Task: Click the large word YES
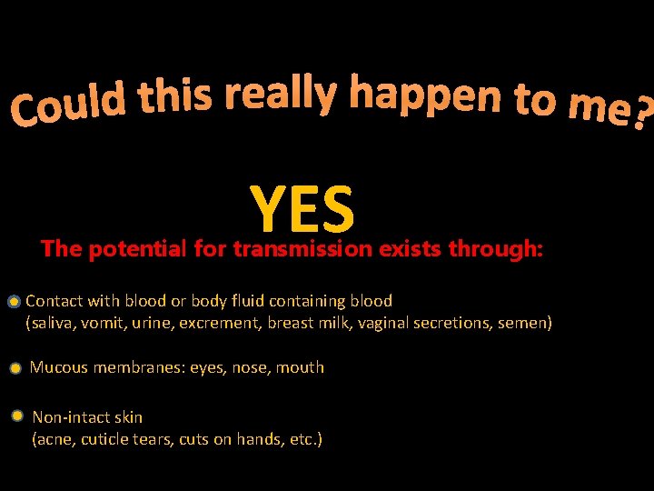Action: (302, 208)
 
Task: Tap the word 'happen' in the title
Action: (425, 95)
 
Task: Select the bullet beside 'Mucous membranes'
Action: (15, 369)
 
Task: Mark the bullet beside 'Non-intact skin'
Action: (17, 416)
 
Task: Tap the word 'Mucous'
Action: (59, 367)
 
